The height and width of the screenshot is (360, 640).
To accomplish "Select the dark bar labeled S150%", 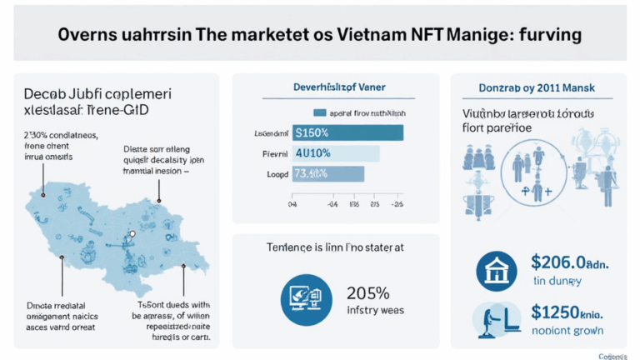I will (x=347, y=133).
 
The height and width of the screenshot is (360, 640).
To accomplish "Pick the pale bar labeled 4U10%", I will (x=335, y=153).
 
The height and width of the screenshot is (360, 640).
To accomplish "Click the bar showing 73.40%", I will (x=327, y=173).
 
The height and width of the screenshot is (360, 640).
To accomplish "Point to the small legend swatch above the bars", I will (x=318, y=112).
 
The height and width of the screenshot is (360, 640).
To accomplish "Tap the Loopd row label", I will (x=276, y=174).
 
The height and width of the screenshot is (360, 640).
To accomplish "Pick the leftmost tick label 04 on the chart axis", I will (x=292, y=202).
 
